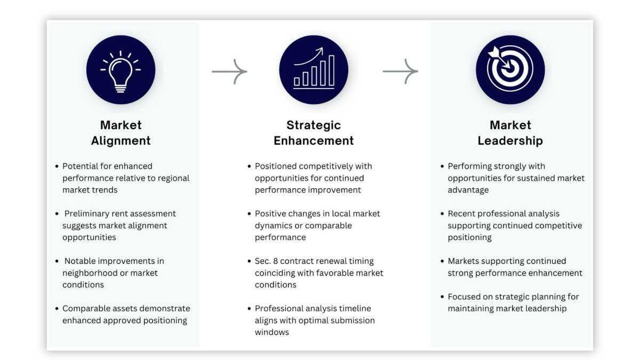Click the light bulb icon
121,70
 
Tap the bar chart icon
314,70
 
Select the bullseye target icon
509,70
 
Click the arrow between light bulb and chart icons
229,71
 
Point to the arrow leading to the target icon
400,71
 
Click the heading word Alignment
121,141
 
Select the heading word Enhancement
314,141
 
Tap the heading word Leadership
510,141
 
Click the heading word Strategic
314,125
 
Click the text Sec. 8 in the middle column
267,261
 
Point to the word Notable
79,261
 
